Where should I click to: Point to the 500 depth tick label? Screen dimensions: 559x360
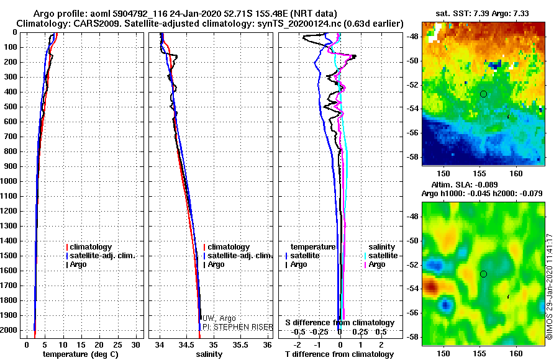pyautogui.click(x=11, y=107)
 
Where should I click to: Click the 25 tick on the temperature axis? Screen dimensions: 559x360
pyautogui.click(x=117, y=345)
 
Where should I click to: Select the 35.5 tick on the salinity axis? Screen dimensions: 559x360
pyautogui.click(x=240, y=345)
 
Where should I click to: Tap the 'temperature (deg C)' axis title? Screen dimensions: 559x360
pyautogui.click(x=80, y=354)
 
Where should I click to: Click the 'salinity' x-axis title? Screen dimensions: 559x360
pyautogui.click(x=209, y=354)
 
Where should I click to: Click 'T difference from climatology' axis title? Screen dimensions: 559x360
pyautogui.click(x=339, y=354)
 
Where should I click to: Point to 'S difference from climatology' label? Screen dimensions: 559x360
pyautogui.click(x=340, y=323)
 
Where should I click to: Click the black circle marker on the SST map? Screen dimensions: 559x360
pyautogui.click(x=483, y=94)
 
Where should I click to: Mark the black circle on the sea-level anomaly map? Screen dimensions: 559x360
pyautogui.click(x=483, y=274)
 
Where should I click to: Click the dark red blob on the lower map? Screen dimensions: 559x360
pyautogui.click(x=432, y=286)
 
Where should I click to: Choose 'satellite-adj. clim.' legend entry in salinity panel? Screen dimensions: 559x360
pyautogui.click(x=238, y=256)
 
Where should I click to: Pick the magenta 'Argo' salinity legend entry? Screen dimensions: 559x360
pyautogui.click(x=375, y=264)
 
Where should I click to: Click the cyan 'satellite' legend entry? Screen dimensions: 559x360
pyautogui.click(x=381, y=256)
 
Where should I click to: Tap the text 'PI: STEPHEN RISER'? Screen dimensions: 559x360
pyautogui.click(x=238, y=327)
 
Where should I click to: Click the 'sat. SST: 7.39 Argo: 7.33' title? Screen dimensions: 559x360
pyautogui.click(x=483, y=14)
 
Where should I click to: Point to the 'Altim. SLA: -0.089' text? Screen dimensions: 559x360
pyautogui.click(x=465, y=184)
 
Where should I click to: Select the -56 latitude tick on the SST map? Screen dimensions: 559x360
pyautogui.click(x=412, y=133)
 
